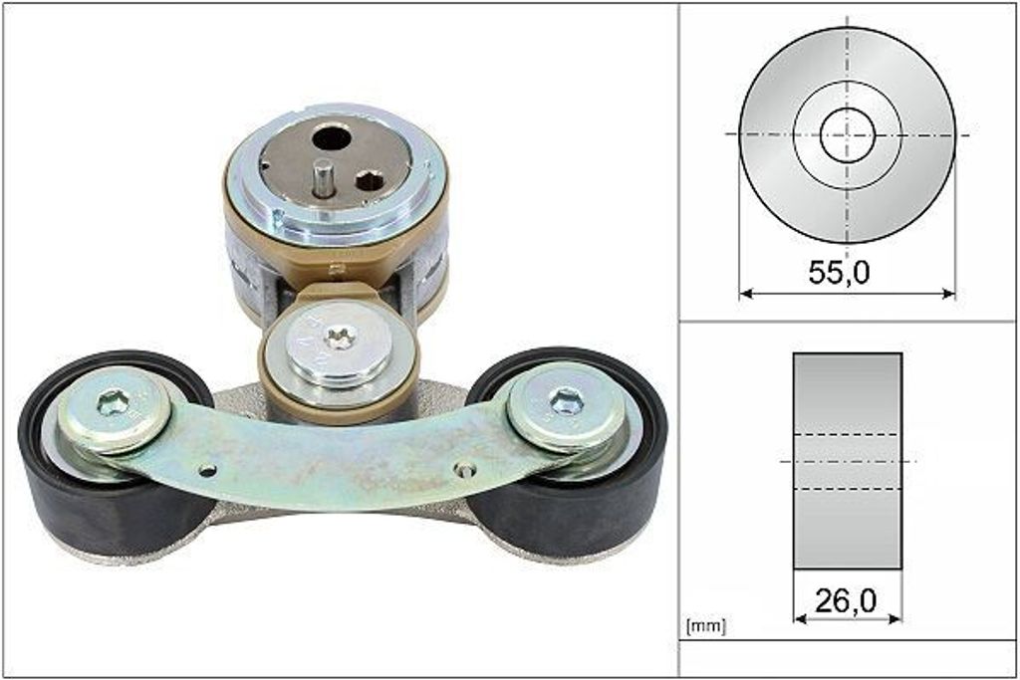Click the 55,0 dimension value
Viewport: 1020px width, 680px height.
[839, 272]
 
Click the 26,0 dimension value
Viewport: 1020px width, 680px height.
[846, 600]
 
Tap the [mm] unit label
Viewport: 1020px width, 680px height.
[706, 626]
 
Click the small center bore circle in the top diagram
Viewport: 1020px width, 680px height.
[847, 135]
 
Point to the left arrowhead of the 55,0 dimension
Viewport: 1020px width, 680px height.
[746, 294]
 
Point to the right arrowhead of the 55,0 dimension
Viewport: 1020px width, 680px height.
[949, 294]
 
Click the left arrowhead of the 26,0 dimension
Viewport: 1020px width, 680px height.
[800, 618]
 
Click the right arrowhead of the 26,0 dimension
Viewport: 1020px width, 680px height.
[895, 618]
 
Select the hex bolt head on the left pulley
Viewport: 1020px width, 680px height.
[113, 404]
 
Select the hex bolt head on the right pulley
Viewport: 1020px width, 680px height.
[565, 401]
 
